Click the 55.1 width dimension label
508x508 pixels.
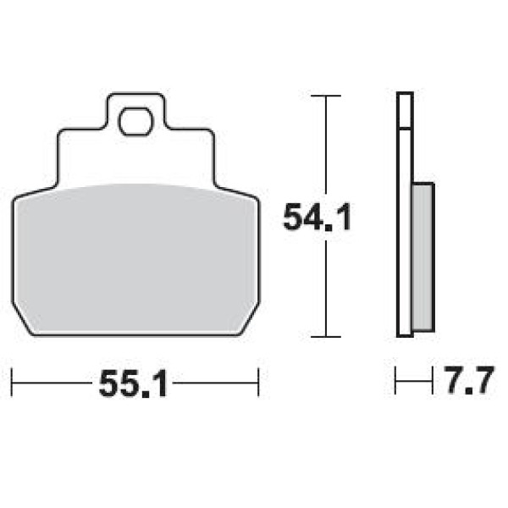click(x=134, y=384)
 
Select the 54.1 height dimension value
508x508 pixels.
click(x=317, y=217)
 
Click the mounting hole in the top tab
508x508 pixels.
click(x=135, y=121)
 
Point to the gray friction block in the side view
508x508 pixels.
click(x=423, y=257)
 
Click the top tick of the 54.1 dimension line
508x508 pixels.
click(x=326, y=96)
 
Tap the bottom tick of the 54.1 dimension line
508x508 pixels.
click(x=326, y=337)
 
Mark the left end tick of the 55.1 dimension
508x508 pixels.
click(x=12, y=382)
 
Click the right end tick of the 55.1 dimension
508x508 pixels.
click(x=258, y=382)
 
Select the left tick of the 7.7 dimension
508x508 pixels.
click(x=395, y=380)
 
